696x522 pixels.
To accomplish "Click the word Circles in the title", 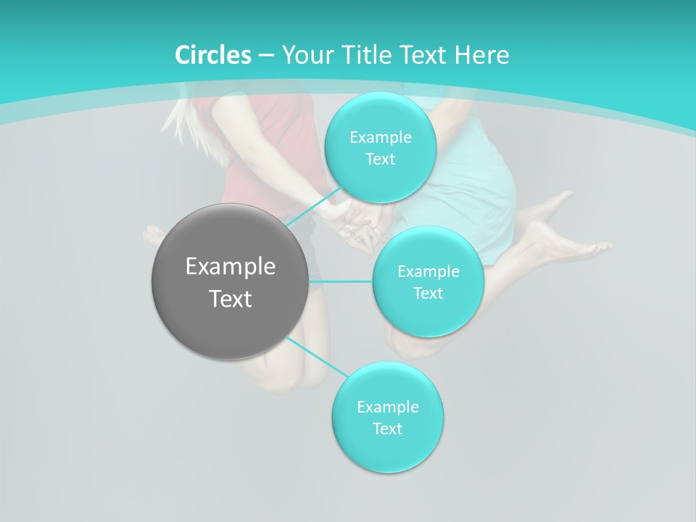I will click(212, 55).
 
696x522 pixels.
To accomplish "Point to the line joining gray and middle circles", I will click(341, 281).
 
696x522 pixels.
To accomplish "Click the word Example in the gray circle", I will click(231, 267).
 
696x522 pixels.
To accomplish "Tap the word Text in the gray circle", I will click(231, 299).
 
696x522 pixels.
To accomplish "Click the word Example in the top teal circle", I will click(380, 138).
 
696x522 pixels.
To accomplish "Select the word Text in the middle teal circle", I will click(428, 293).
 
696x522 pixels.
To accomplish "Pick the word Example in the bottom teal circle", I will click(387, 407).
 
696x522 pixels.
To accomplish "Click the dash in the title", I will click(266, 56).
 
